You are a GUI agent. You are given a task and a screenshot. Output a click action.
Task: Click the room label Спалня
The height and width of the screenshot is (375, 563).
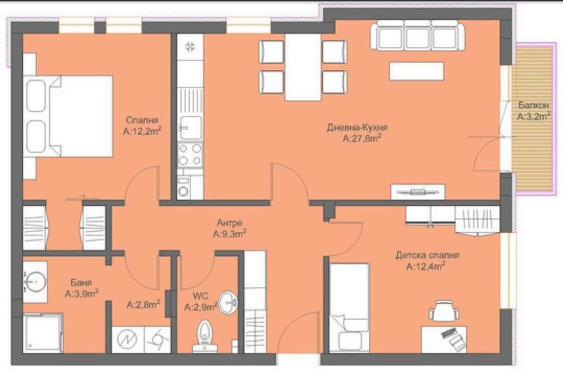(x=142, y=120)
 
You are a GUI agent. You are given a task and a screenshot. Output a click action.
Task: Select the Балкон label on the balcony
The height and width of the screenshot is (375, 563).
(x=531, y=105)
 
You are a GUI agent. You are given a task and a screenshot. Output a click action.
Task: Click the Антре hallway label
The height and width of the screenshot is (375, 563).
(x=229, y=222)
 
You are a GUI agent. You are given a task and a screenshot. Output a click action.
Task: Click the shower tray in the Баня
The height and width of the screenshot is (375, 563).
(x=42, y=333)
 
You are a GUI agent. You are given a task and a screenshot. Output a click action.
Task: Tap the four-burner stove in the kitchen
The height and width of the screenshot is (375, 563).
(x=190, y=154)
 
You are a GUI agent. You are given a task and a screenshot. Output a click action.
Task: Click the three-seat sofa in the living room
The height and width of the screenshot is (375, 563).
(x=417, y=36)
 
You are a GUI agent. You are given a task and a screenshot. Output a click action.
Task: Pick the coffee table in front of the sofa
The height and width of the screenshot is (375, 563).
(x=416, y=71)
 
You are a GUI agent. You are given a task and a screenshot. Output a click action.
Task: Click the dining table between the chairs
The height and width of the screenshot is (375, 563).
(x=303, y=67)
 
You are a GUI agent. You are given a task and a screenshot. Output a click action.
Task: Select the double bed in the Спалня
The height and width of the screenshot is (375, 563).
(x=70, y=116)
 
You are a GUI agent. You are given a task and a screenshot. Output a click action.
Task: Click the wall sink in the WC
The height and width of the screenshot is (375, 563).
(x=229, y=303)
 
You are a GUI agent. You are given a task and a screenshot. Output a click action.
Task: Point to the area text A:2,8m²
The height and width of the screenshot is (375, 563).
(x=144, y=305)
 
